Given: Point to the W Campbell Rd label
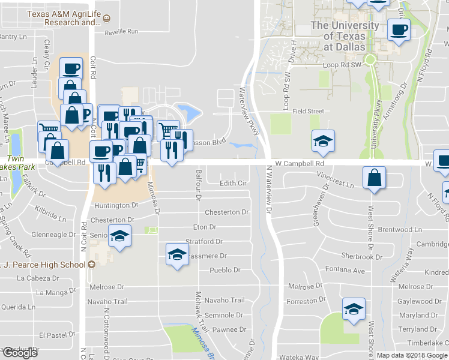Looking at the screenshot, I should point(300,163).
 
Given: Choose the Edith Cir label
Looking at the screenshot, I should point(234,183).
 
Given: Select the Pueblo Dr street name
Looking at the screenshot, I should point(225,271).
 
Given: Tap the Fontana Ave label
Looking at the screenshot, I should point(345,271).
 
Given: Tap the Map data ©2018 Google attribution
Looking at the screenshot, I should point(412,355).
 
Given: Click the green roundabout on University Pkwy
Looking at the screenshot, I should point(370,59).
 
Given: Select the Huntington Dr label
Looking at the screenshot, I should point(116,205).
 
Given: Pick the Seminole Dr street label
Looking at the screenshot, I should point(223,314).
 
